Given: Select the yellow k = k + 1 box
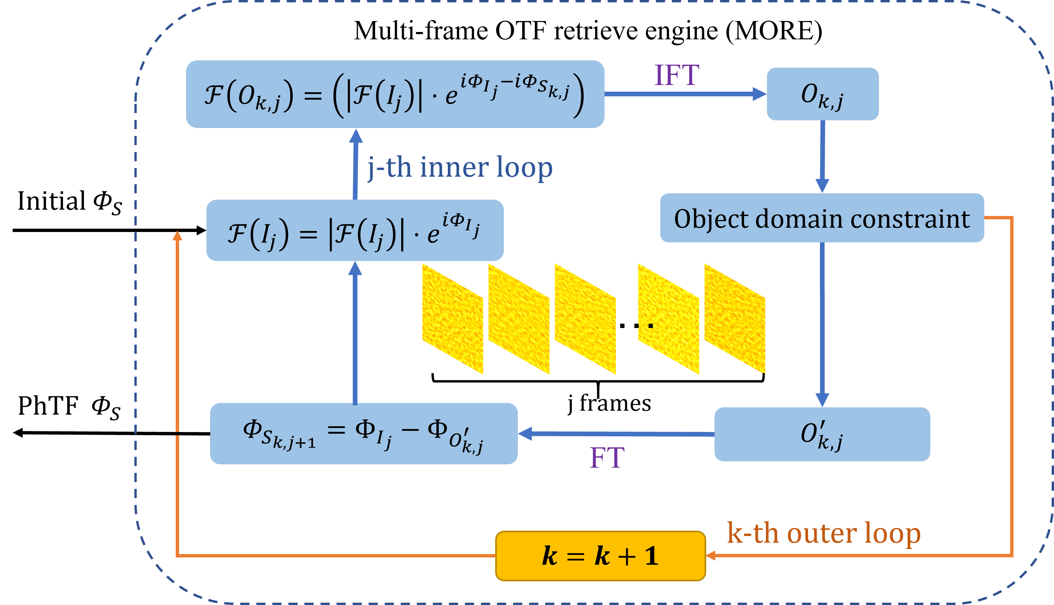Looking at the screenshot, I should click(x=601, y=556).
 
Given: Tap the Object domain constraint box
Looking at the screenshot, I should click(x=822, y=218).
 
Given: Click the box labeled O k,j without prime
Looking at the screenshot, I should click(x=822, y=94).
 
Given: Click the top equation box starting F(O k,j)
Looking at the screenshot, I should click(x=395, y=94).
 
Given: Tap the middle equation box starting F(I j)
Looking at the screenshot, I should click(x=354, y=230).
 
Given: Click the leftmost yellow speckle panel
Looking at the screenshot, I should click(x=452, y=319).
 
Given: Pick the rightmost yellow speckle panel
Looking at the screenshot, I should click(x=734, y=319).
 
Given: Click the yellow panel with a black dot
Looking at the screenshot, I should click(x=668, y=319).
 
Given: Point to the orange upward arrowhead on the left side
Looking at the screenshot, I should click(x=177, y=236).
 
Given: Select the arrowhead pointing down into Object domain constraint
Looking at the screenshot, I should click(x=822, y=185).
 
